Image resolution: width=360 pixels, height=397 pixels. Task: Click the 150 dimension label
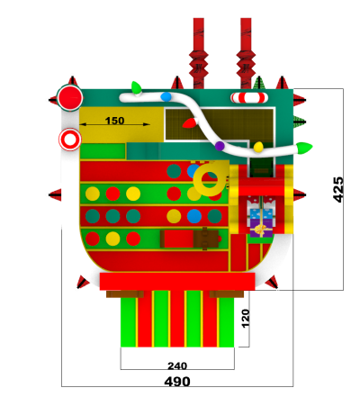(x=114, y=121)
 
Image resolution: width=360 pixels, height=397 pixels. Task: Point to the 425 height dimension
(x=338, y=190)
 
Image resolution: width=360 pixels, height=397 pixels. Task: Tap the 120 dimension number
(x=246, y=319)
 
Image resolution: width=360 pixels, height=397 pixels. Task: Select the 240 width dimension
(x=177, y=365)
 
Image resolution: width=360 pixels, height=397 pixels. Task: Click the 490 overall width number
(x=177, y=382)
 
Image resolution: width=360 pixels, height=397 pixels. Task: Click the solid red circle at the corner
(x=70, y=98)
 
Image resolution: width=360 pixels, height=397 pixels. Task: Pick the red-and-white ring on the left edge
(x=70, y=140)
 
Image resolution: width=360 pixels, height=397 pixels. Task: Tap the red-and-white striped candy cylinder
(x=248, y=97)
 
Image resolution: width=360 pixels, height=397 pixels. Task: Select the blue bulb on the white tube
(x=166, y=96)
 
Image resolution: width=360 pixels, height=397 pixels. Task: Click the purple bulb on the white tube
(x=220, y=146)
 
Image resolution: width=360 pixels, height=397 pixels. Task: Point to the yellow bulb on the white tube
(x=258, y=147)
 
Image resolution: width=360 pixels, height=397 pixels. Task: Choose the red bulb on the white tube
(x=190, y=123)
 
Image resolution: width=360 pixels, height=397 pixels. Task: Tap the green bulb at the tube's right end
(x=304, y=148)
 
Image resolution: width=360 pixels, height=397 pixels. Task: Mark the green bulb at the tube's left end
(x=137, y=88)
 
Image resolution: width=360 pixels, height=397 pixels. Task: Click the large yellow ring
(x=210, y=179)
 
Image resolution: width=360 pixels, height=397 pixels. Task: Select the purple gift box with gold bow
(x=261, y=229)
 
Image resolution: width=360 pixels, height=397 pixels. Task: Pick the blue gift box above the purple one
(x=261, y=213)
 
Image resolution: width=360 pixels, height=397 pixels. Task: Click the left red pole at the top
(x=199, y=53)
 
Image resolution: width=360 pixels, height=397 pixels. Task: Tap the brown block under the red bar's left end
(x=125, y=294)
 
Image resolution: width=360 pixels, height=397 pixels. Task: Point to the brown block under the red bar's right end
(x=227, y=294)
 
